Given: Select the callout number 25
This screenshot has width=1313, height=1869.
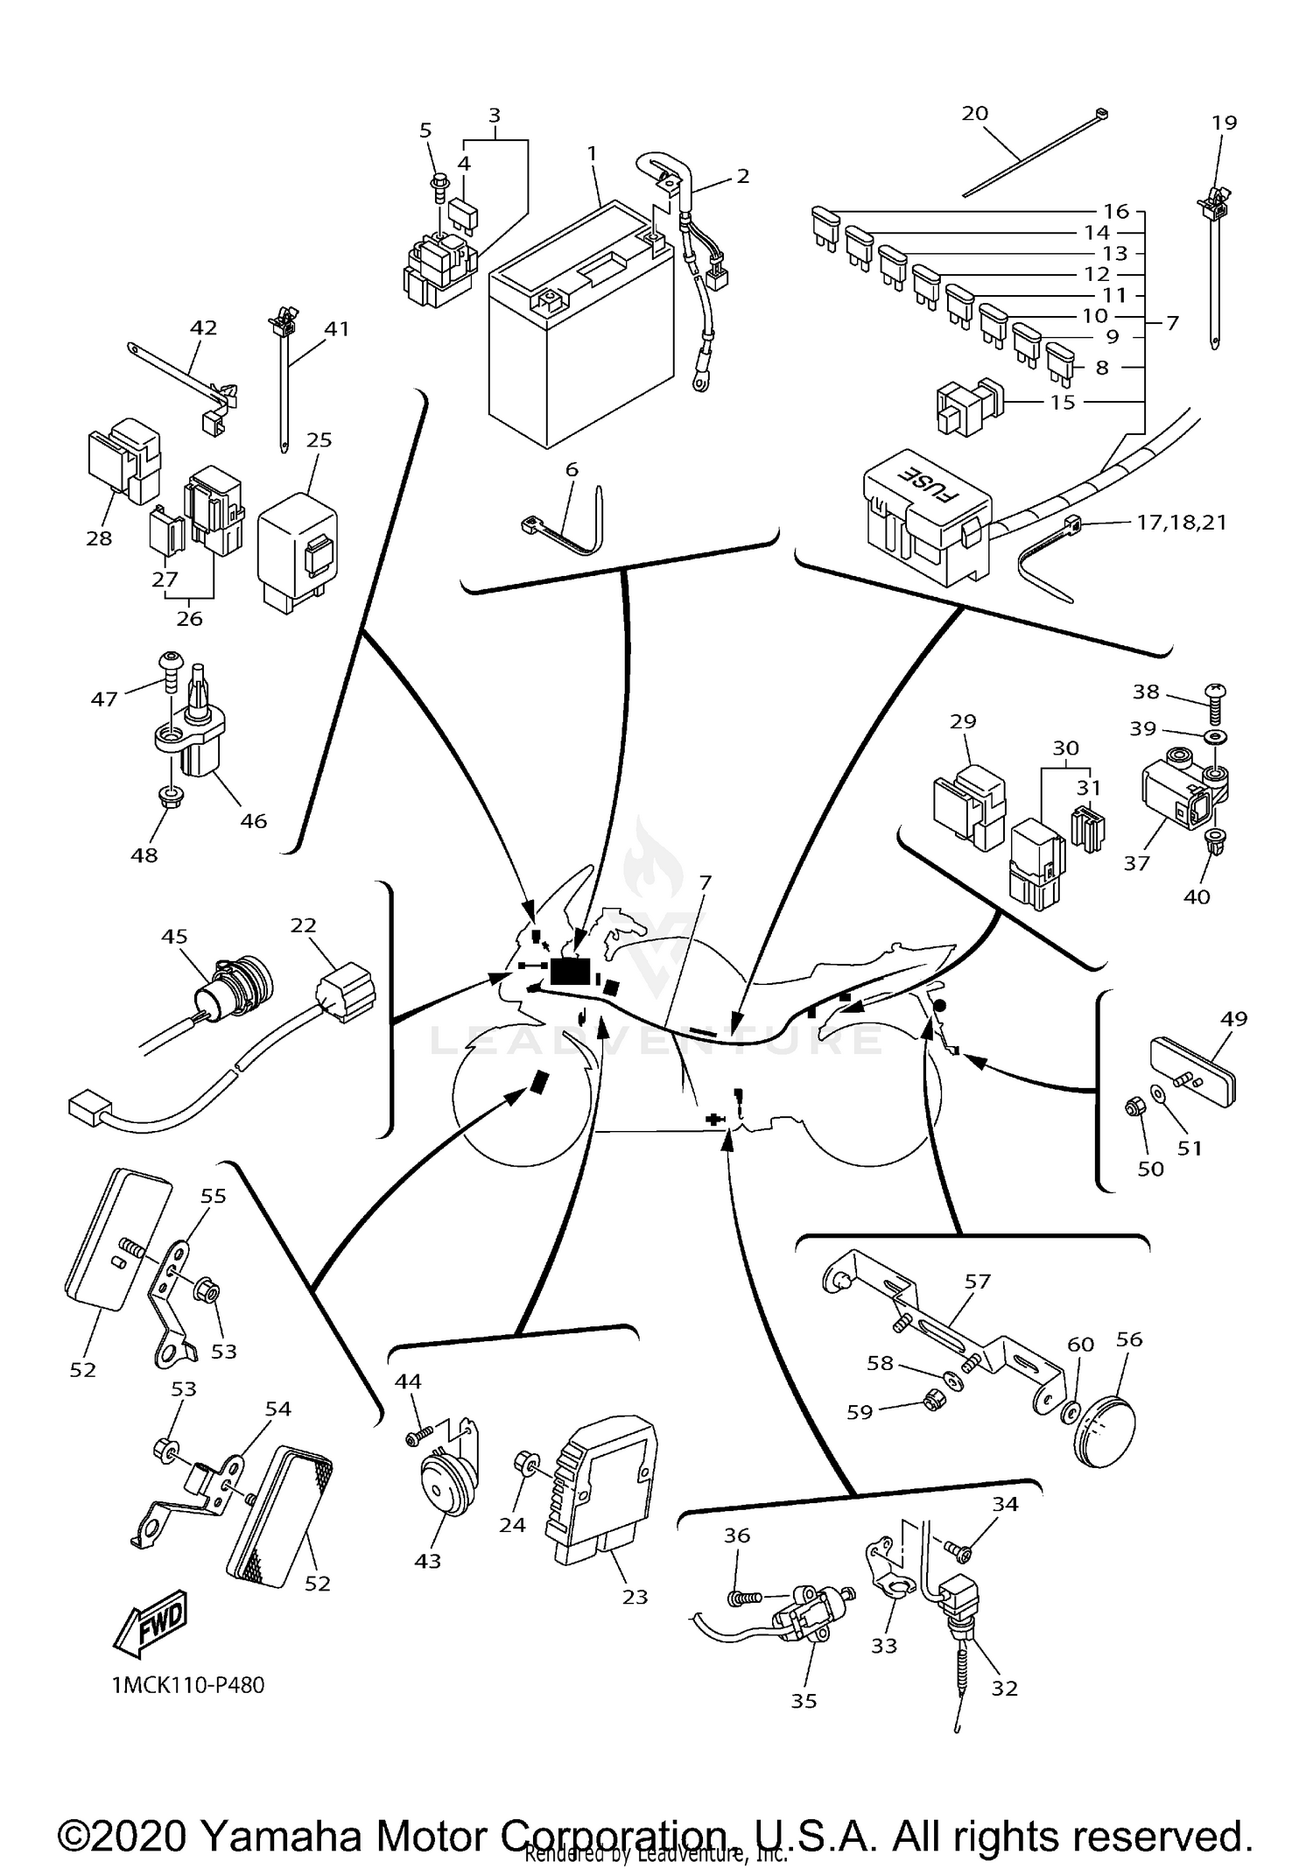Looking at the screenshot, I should pyautogui.click(x=319, y=439).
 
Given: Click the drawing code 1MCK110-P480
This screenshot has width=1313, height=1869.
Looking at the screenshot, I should pyautogui.click(x=188, y=1685).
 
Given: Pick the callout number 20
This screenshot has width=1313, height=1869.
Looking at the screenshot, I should pyautogui.click(x=975, y=113).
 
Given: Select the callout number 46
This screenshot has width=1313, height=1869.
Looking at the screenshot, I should pyautogui.click(x=254, y=820).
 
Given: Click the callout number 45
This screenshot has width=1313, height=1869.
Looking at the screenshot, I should pyautogui.click(x=175, y=936).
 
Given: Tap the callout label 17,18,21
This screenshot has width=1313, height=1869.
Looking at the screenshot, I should pyautogui.click(x=1181, y=523).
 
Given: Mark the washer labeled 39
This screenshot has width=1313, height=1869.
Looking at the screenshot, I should pyautogui.click(x=1215, y=732).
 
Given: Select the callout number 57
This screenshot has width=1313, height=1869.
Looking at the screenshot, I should pyautogui.click(x=978, y=1281).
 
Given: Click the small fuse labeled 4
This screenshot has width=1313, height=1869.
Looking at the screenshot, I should pyautogui.click(x=461, y=210).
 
